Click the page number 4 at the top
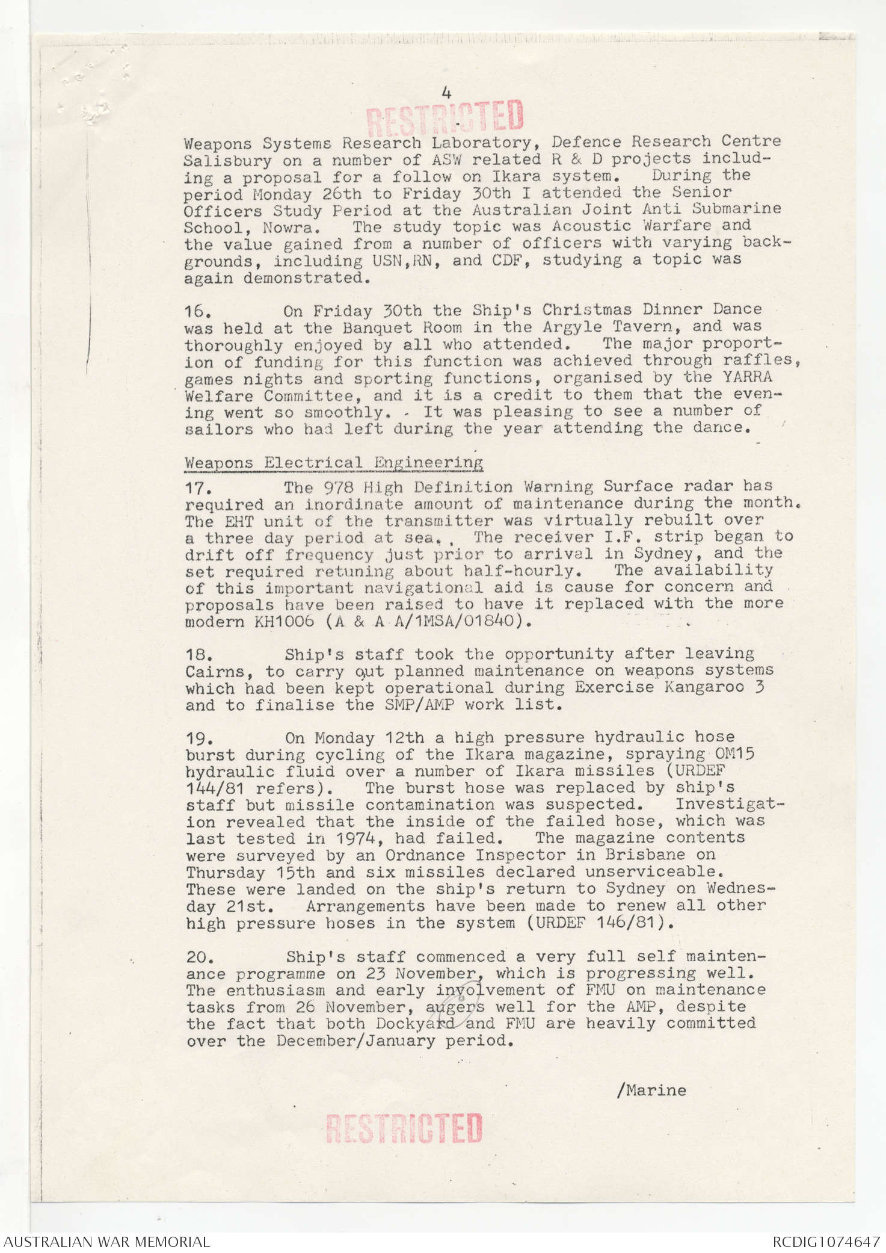(446, 93)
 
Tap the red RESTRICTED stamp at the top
(445, 116)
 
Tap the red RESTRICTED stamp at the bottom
(404, 1128)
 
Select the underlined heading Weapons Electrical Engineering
(334, 463)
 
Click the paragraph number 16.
(197, 312)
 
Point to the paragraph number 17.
(197, 487)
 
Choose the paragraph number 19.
(198, 738)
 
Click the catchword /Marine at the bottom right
(651, 1090)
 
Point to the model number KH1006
(284, 622)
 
